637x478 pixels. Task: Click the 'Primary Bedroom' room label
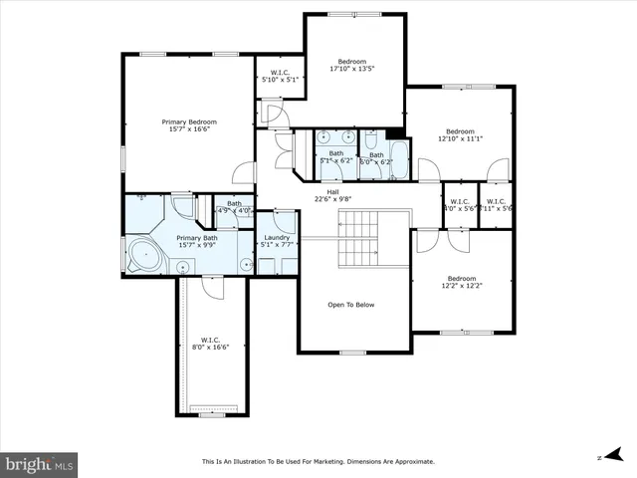click(189, 121)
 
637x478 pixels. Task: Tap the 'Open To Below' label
click(355, 306)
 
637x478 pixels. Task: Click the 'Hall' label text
click(333, 190)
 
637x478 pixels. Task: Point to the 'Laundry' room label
click(277, 237)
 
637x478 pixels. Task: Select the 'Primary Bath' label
click(196, 238)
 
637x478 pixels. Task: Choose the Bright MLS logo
click(40, 464)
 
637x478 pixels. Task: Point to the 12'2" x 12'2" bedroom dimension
click(461, 287)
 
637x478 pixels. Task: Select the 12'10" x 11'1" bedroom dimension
click(460, 139)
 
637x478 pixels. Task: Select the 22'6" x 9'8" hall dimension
click(333, 198)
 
